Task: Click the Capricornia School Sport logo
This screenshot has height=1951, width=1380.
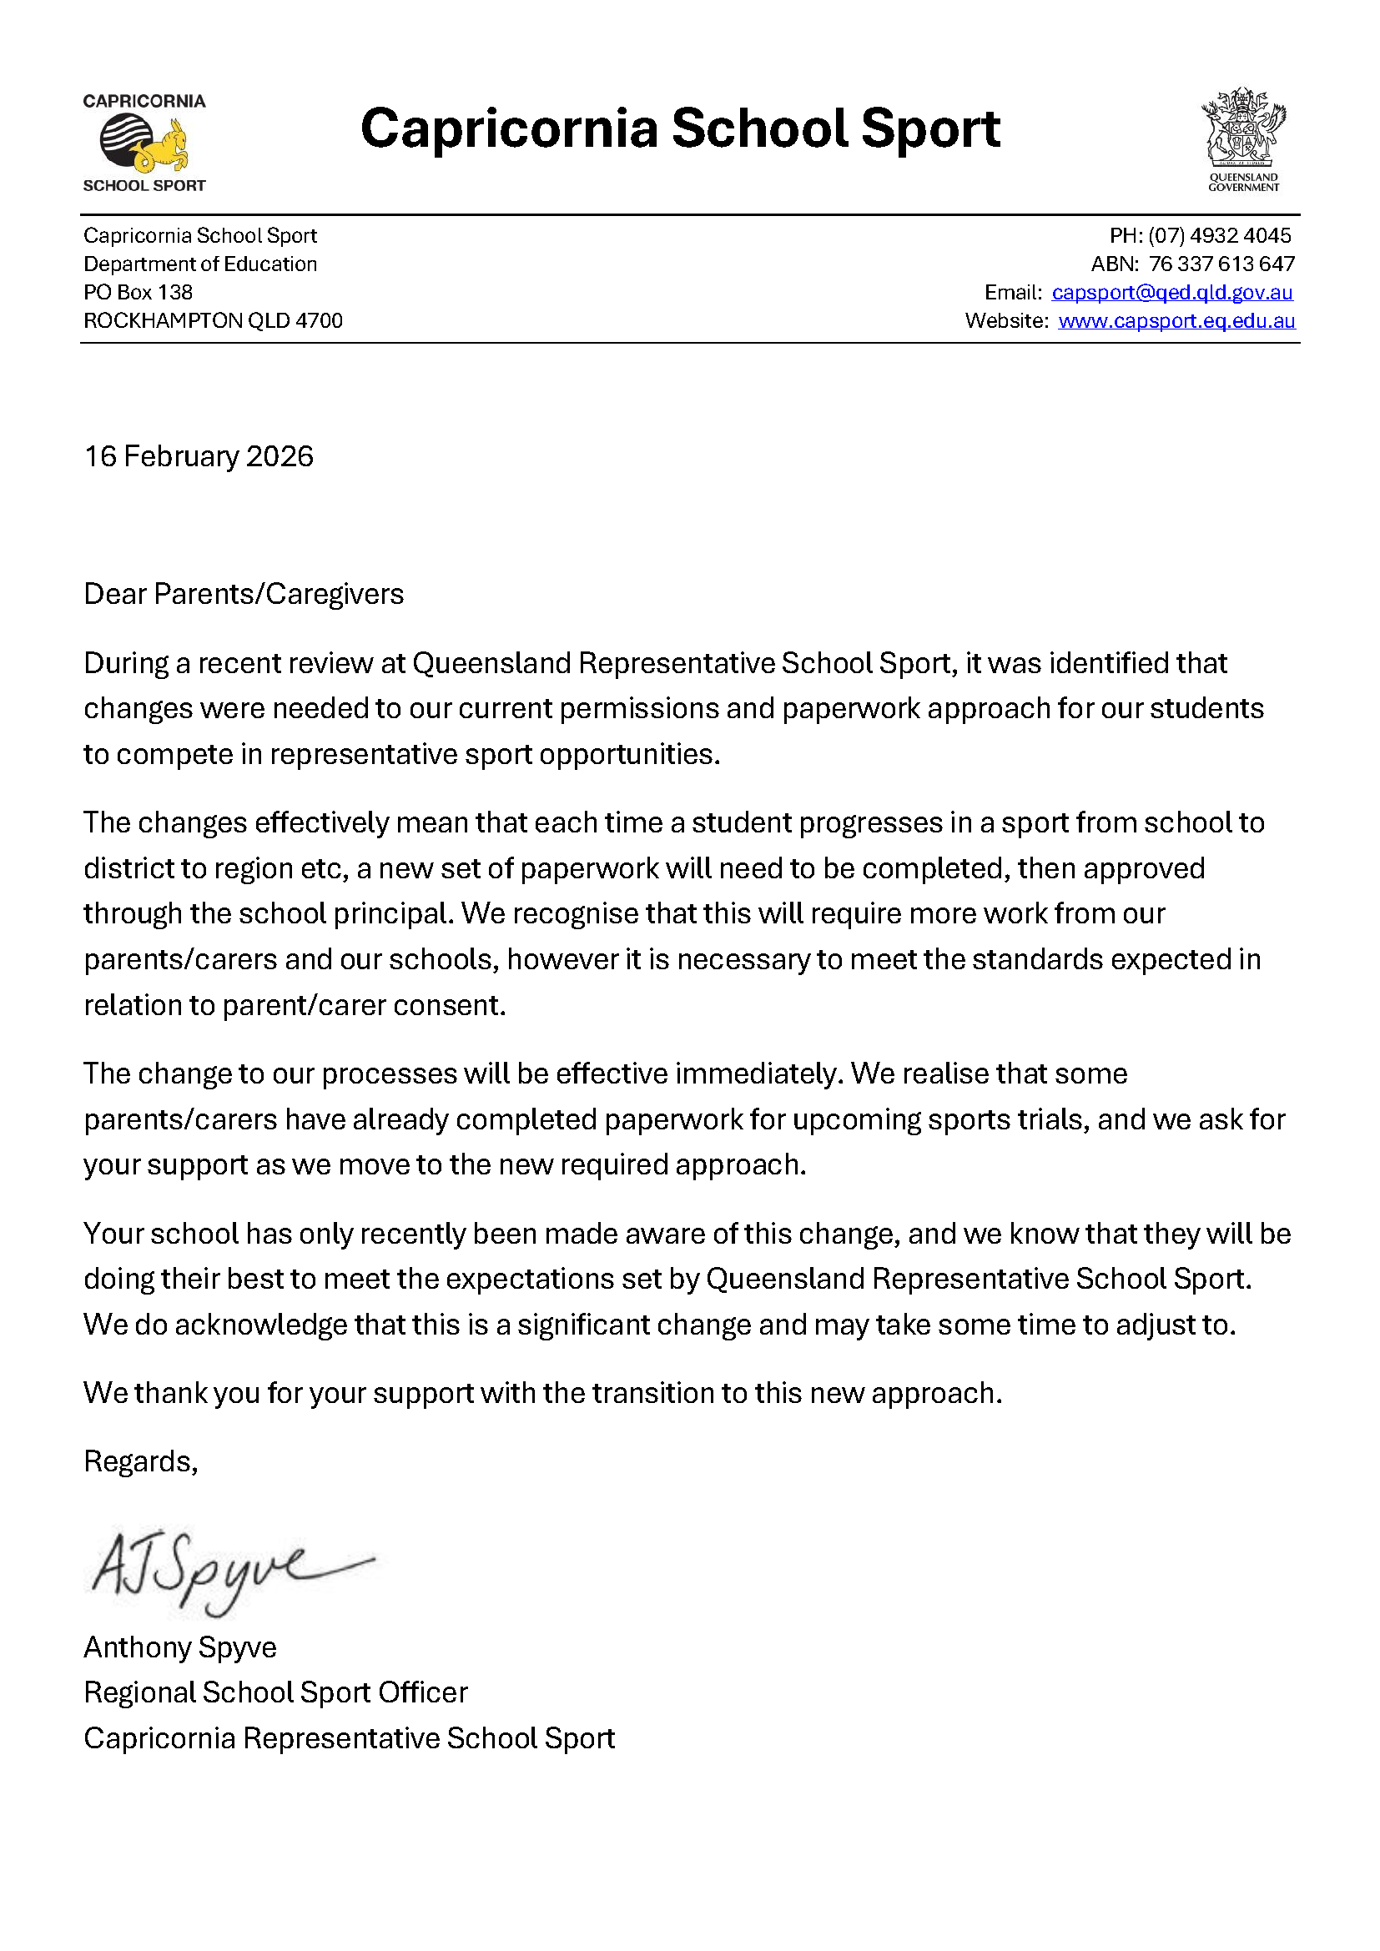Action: coord(144,143)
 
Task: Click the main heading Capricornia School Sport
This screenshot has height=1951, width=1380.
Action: coord(680,129)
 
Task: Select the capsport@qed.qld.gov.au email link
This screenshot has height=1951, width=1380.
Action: coord(1171,292)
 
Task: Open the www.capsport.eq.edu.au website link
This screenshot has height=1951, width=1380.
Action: coord(1176,321)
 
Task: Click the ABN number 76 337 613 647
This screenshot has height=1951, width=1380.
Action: coord(1221,264)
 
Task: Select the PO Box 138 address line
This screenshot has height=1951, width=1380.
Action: coord(138,292)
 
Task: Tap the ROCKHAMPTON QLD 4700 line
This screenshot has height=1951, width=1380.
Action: coord(213,321)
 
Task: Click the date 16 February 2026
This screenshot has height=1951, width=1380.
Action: coord(198,457)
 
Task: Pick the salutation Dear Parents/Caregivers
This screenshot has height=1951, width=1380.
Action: coord(243,594)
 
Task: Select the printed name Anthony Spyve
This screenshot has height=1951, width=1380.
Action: coord(179,1647)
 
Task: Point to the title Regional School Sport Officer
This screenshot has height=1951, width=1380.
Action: coord(275,1692)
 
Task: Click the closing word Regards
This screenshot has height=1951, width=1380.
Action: coord(139,1461)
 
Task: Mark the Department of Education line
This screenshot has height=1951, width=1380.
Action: coord(199,264)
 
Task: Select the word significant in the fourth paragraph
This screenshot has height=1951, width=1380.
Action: coord(583,1325)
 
